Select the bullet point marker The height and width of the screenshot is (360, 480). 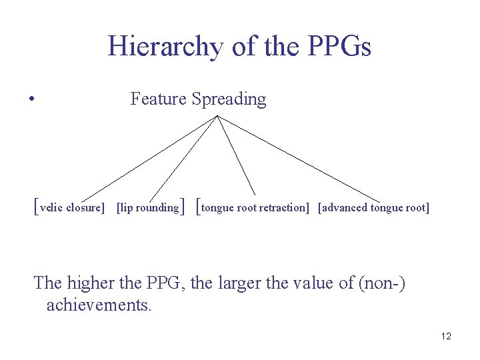32,101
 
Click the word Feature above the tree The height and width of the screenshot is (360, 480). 158,99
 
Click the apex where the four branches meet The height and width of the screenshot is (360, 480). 217,116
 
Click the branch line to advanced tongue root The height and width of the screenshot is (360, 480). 300,159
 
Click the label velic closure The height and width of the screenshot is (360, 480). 72,208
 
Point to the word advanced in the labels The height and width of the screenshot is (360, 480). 345,208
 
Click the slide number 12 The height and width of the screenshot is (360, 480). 446,336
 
